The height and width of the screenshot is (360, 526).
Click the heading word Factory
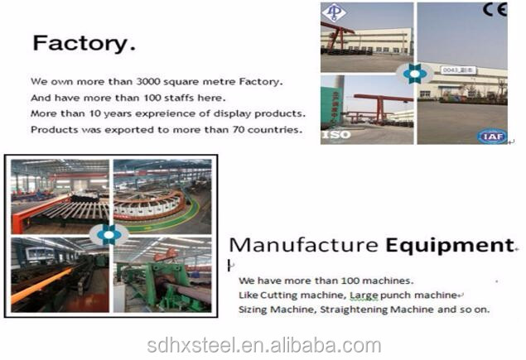(84, 44)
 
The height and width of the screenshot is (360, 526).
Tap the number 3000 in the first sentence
(148, 81)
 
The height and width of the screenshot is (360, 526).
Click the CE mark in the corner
(495, 9)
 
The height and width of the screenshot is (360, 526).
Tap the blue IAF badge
(492, 136)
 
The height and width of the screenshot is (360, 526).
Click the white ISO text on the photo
(336, 135)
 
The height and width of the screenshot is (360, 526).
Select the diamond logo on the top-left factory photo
(334, 12)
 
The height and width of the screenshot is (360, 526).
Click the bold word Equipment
(450, 245)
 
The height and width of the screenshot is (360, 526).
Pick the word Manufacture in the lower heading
(304, 245)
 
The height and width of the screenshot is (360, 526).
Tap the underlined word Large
(364, 295)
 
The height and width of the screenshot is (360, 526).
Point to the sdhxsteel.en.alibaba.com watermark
(264, 346)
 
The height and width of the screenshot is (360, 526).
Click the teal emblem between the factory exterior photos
(415, 74)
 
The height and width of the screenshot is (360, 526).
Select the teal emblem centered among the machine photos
(109, 235)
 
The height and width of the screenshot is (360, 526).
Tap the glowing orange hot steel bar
(41, 285)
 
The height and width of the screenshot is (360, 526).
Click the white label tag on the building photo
(456, 70)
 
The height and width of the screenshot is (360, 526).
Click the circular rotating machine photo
(162, 197)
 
